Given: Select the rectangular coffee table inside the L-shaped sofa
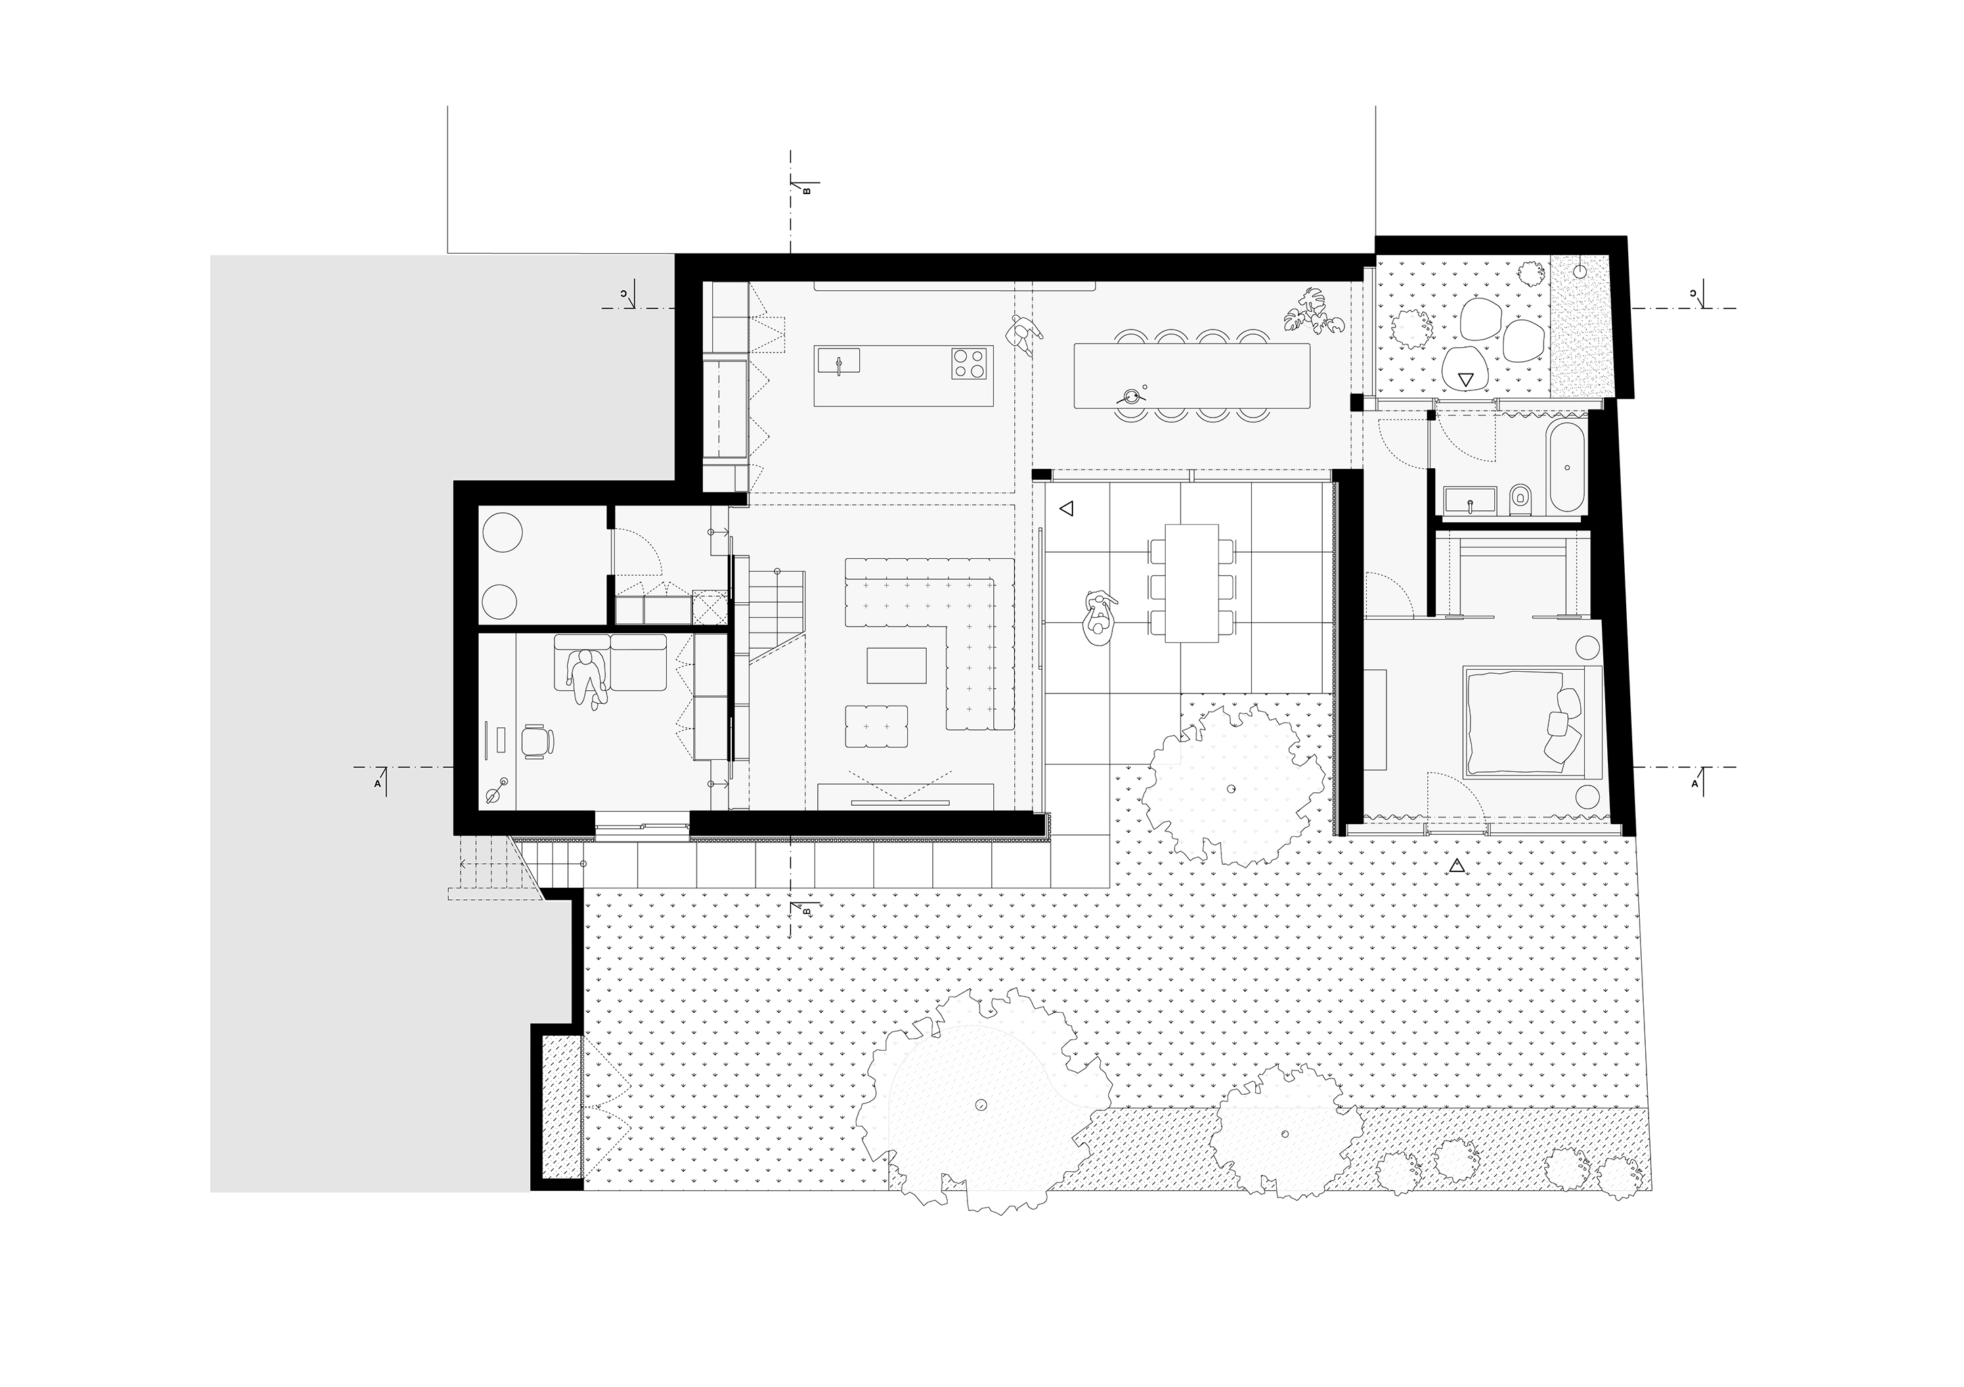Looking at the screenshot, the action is tap(896, 665).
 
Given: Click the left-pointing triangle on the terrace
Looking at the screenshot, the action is tap(1066, 509).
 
